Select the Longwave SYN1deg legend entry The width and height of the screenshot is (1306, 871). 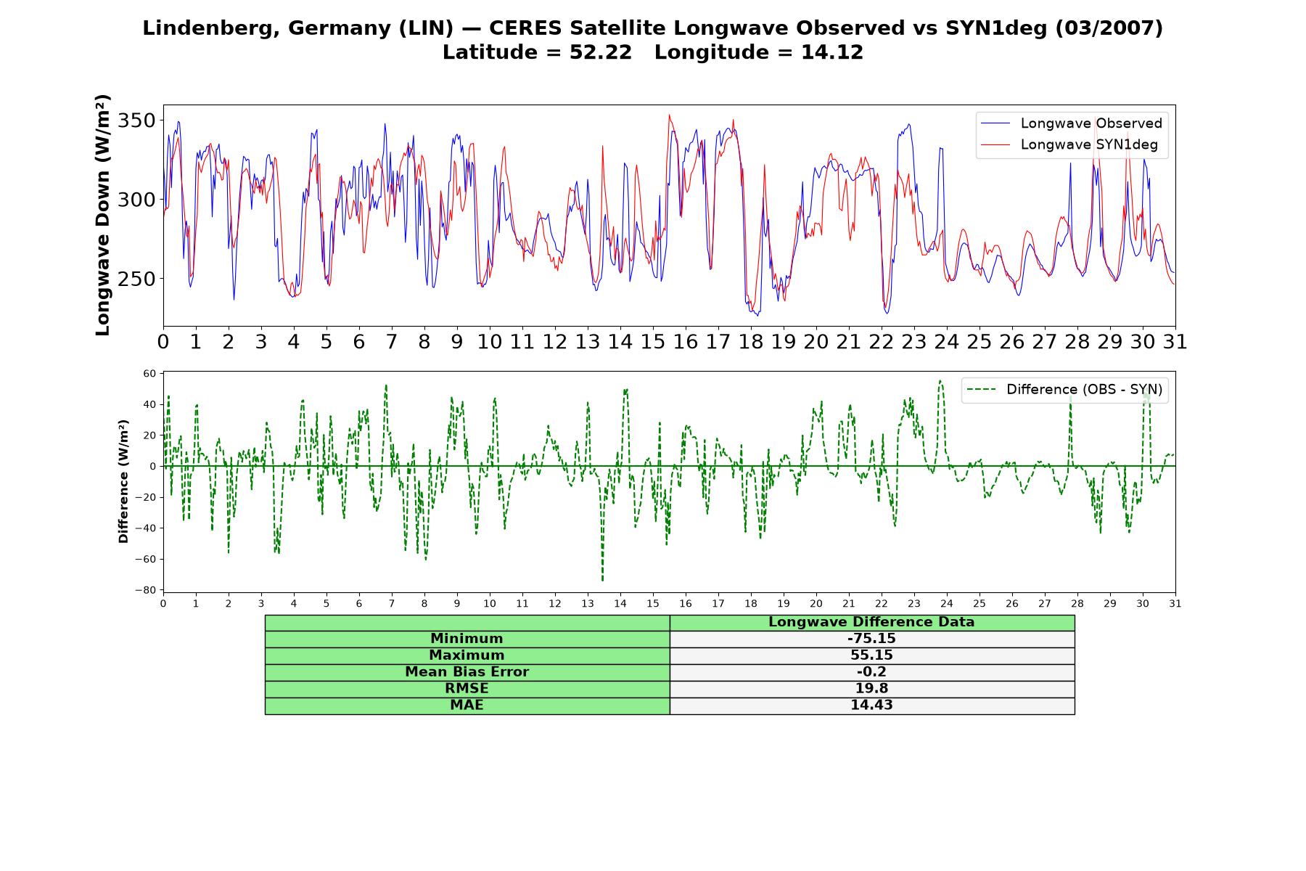[x=1069, y=144]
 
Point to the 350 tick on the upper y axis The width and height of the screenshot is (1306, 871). [x=137, y=120]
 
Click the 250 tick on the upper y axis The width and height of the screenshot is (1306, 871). [x=137, y=279]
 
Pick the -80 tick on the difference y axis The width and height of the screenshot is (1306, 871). [x=146, y=590]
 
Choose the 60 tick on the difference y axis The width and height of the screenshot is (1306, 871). [x=149, y=374]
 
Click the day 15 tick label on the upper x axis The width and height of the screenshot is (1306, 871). [x=653, y=342]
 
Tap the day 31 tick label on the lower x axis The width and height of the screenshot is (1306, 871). [x=1175, y=603]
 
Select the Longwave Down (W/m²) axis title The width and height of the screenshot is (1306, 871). [x=103, y=215]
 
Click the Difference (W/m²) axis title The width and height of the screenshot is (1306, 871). [x=123, y=481]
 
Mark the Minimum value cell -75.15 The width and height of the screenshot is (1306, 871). [x=871, y=639]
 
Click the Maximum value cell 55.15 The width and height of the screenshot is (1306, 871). [x=871, y=655]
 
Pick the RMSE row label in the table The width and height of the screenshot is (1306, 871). [x=467, y=689]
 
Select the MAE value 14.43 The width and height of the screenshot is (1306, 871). [x=871, y=706]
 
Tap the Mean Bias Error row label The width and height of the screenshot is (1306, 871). [x=467, y=672]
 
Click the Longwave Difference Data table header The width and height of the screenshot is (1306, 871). [x=871, y=622]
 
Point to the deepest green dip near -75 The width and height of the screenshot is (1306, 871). [x=602, y=580]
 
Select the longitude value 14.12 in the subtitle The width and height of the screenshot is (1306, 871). [x=832, y=52]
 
